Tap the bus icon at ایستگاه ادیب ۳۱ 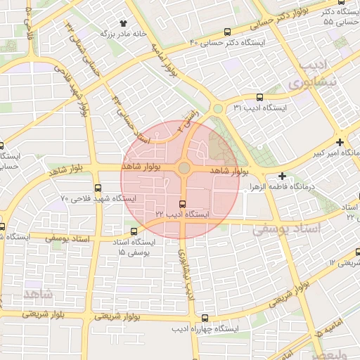coord(260,98)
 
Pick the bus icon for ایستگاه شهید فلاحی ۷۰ coord(98,188)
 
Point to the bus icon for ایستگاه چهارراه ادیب coord(205,318)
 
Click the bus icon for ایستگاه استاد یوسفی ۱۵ coord(134,231)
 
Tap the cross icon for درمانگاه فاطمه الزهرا coord(283,176)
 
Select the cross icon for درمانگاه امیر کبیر coord(340,141)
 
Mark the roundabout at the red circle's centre coord(184,168)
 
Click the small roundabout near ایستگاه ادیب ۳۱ coord(218,108)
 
